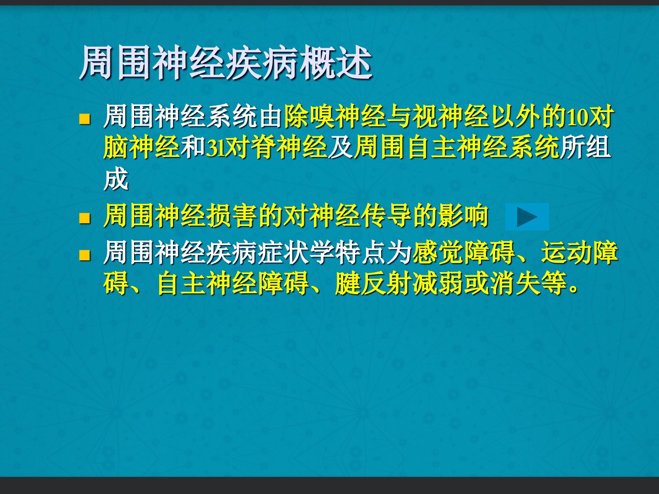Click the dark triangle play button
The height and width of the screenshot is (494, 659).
[527, 216]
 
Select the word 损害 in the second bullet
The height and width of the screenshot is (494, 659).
[232, 216]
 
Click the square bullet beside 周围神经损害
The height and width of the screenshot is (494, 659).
[85, 218]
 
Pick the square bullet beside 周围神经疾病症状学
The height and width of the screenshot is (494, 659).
[85, 255]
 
